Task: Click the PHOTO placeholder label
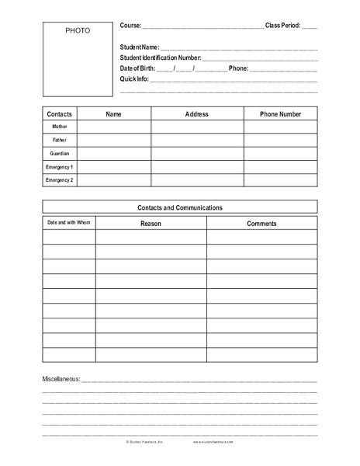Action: click(78, 30)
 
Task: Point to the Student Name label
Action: click(140, 48)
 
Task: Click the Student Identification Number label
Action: click(161, 58)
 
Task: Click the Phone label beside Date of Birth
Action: click(238, 68)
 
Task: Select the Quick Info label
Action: click(133, 78)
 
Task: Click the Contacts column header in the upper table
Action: click(60, 113)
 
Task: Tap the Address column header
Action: click(197, 113)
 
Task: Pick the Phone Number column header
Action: click(281, 113)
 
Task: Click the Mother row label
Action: click(60, 127)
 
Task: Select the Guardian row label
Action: click(60, 154)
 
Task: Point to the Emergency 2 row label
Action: click(60, 180)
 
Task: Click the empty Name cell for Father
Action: click(113, 140)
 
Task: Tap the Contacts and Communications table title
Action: click(180, 207)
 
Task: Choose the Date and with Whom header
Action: click(69, 223)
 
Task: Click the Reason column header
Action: click(151, 223)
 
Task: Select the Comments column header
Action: click(261, 223)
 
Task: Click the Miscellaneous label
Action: click(61, 379)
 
